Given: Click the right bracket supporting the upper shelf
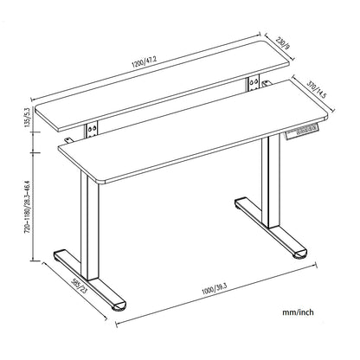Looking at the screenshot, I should (253, 83).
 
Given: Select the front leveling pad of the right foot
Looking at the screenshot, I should (299, 254).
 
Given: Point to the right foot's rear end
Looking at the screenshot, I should (239, 205).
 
